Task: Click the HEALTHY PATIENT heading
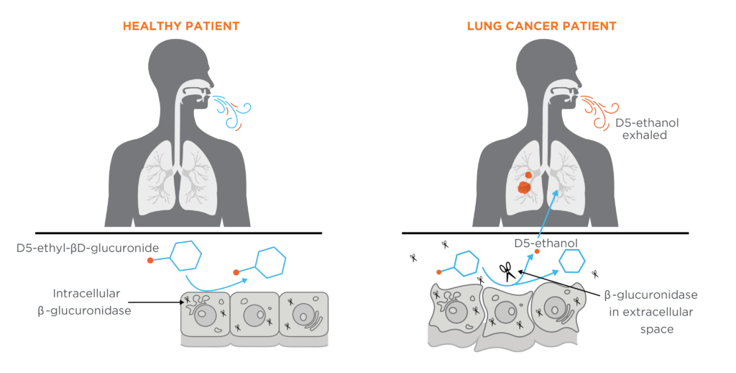tap(181, 26)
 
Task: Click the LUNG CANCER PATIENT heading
tap(542, 26)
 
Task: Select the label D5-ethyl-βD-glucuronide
tap(88, 248)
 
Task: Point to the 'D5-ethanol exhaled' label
tap(648, 129)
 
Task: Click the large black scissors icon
tap(507, 272)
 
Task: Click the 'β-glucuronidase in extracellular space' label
tap(651, 312)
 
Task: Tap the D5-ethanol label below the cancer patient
tap(546, 243)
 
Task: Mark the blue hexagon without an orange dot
tap(571, 261)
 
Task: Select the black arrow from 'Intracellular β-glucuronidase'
tap(156, 302)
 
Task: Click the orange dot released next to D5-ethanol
tap(537, 251)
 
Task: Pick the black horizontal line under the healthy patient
tap(179, 233)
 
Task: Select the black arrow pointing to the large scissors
tap(561, 283)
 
